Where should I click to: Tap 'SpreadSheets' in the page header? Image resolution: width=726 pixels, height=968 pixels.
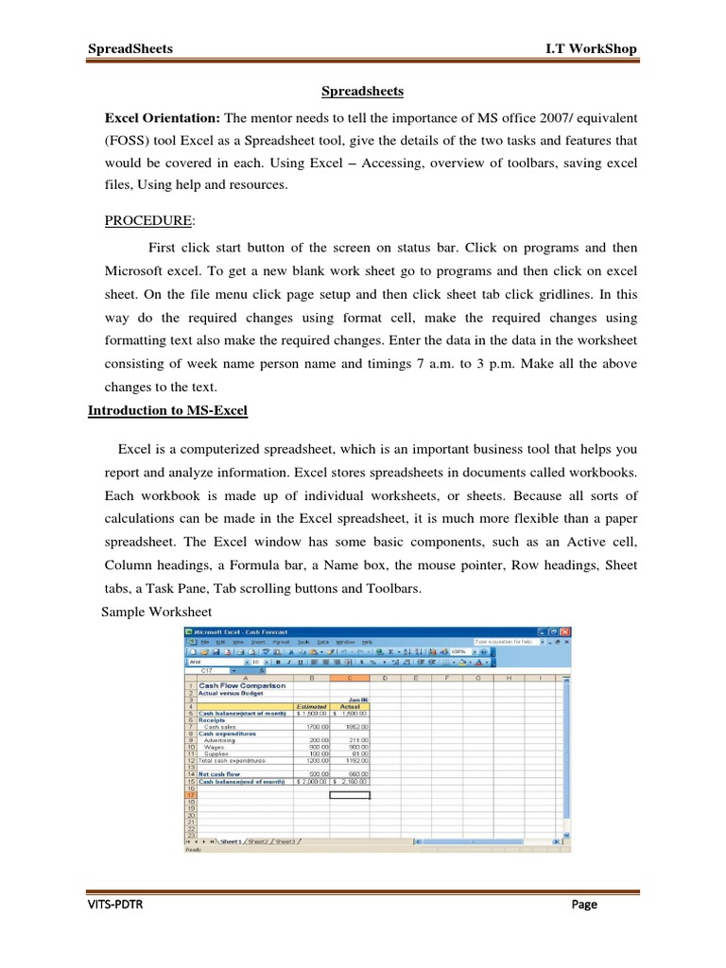(130, 48)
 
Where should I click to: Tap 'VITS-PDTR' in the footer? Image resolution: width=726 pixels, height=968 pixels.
(116, 905)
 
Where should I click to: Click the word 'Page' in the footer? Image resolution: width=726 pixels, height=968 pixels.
(584, 905)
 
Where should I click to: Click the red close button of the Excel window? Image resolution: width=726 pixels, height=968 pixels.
(564, 631)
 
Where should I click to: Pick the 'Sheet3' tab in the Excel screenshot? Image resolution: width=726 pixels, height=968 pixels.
(285, 840)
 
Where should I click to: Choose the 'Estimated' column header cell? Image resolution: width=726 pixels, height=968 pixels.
(311, 705)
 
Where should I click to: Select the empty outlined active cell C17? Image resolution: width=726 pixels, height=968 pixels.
(350, 795)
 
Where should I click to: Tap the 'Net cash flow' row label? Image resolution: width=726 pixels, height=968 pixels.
(219, 773)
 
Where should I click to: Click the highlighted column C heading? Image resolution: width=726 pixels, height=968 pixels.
(350, 677)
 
